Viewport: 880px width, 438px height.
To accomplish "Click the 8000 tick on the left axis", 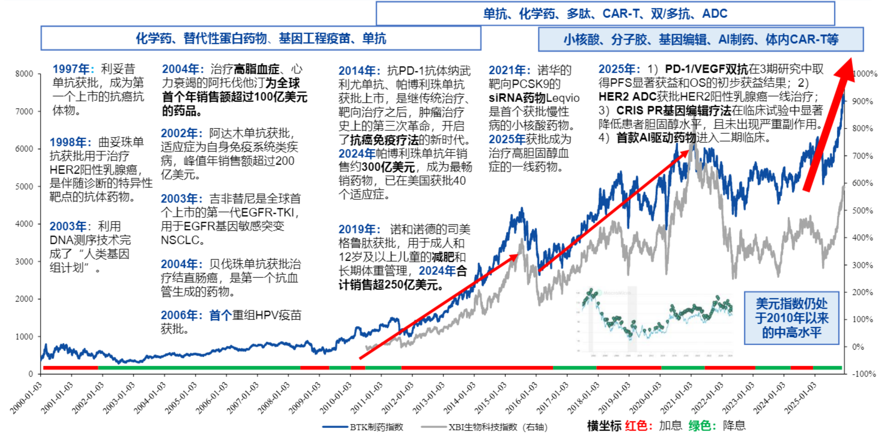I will pos(24,74).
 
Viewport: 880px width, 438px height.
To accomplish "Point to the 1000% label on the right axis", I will pos(865,74).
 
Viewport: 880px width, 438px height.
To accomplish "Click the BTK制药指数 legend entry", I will pos(376,427).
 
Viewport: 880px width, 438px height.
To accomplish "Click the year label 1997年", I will pos(73,69).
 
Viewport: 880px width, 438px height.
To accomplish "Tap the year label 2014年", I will pos(359,71).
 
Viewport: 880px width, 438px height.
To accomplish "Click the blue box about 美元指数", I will pos(791,318).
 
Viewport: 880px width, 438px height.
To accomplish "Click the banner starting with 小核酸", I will pos(701,40).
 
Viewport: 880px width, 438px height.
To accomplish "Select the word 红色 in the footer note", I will pos(636,426).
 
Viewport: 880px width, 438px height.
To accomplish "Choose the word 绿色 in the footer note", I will pos(700,426).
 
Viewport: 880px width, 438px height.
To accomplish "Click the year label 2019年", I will pos(359,229).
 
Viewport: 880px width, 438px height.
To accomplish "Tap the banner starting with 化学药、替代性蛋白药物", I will pos(261,38).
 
